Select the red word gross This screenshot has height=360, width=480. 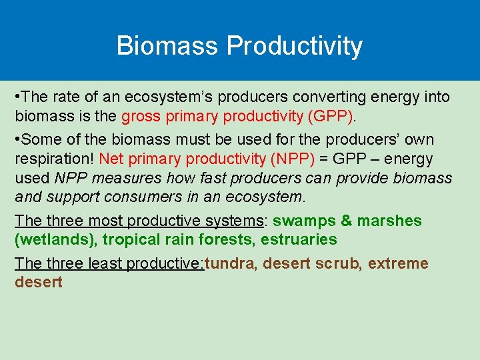[139, 116]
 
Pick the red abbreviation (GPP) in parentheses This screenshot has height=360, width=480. [331, 116]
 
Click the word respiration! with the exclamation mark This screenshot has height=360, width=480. [55, 159]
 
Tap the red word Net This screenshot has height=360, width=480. [111, 159]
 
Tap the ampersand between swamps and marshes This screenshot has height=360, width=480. [346, 221]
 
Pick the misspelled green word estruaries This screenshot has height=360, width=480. [299, 239]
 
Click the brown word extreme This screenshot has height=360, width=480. [398, 263]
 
